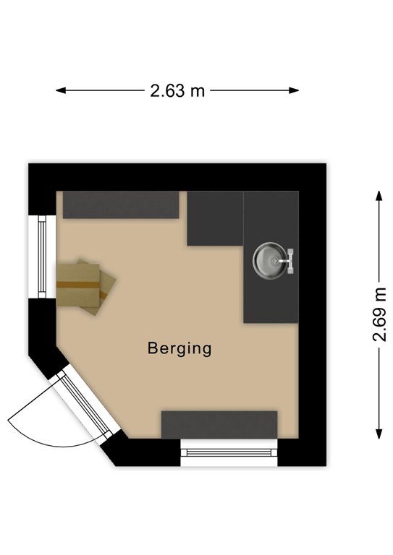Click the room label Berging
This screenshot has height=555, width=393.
click(x=179, y=348)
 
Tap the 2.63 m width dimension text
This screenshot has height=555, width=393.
click(x=177, y=90)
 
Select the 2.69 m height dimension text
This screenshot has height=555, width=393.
click(x=379, y=314)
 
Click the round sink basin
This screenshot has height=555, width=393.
click(x=270, y=260)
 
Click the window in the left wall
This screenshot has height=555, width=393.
click(x=42, y=257)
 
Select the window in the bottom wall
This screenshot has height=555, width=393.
click(x=229, y=452)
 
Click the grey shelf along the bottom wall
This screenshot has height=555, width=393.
click(x=219, y=425)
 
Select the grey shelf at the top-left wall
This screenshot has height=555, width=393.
click(x=121, y=205)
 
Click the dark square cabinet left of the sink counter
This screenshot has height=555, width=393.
click(x=215, y=218)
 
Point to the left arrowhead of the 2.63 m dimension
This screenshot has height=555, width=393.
click(x=60, y=90)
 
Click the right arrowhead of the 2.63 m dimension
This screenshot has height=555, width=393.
click(x=294, y=90)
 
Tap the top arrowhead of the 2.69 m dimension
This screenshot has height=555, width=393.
click(x=379, y=196)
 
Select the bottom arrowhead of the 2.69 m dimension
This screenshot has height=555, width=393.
click(x=379, y=434)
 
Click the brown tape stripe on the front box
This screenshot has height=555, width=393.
click(x=78, y=285)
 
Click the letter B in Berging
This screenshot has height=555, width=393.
click(x=152, y=348)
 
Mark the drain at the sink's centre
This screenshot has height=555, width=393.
click(x=274, y=261)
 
